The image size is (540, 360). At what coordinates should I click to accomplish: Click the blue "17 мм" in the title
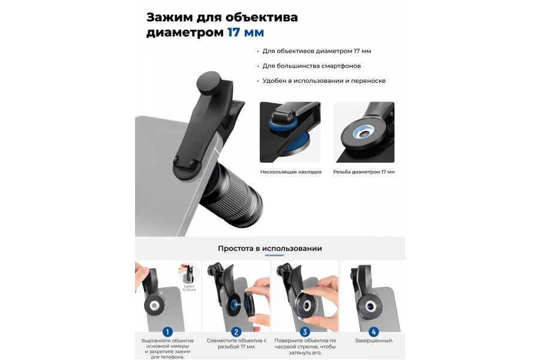click(245, 32)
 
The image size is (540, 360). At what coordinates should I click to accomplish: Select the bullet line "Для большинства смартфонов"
click(311, 66)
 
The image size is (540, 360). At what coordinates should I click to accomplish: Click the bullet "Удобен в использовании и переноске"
click(324, 80)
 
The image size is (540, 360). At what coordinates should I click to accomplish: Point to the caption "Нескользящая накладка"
click(290, 172)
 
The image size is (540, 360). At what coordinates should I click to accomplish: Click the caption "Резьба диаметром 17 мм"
click(364, 172)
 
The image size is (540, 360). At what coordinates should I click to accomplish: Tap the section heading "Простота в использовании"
click(269, 248)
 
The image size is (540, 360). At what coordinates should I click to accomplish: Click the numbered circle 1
click(167, 331)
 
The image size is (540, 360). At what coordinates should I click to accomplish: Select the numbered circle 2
click(236, 331)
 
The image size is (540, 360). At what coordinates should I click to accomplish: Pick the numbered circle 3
click(305, 331)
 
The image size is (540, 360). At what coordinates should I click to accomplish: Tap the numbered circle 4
click(374, 331)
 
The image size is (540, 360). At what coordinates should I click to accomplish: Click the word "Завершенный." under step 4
click(374, 341)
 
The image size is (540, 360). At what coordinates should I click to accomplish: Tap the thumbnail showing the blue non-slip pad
click(290, 132)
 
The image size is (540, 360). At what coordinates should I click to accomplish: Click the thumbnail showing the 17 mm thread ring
click(364, 132)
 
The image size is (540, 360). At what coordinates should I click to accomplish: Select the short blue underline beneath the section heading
click(269, 256)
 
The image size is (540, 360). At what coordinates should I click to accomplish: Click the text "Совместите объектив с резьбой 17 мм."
click(236, 344)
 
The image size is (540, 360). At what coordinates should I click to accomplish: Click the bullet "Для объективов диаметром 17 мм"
click(317, 52)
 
